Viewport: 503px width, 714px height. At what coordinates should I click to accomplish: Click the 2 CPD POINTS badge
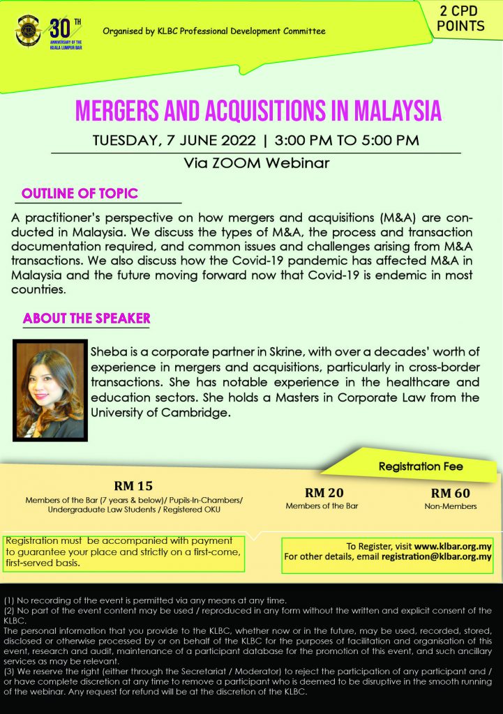(463, 20)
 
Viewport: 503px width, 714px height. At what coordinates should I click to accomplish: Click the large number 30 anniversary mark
(59, 30)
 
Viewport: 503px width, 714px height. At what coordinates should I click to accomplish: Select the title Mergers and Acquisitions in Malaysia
(257, 111)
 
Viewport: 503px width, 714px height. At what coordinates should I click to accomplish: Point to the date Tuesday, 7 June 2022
(177, 139)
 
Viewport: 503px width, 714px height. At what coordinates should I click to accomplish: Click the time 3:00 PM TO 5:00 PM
(347, 139)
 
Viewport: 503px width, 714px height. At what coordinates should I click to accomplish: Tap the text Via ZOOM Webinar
(257, 164)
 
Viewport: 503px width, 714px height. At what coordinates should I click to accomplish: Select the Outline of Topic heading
(80, 193)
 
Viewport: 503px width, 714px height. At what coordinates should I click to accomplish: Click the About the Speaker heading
(87, 319)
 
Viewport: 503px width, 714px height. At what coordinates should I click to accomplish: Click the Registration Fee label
(420, 466)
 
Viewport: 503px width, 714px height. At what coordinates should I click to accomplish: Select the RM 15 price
(133, 486)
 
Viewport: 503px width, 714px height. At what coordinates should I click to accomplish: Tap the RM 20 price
(324, 492)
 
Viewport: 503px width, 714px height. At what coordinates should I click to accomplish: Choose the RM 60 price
(450, 492)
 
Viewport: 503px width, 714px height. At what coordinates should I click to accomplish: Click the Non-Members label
(450, 506)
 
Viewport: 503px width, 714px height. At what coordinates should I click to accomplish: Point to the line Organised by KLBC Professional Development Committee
(213, 31)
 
